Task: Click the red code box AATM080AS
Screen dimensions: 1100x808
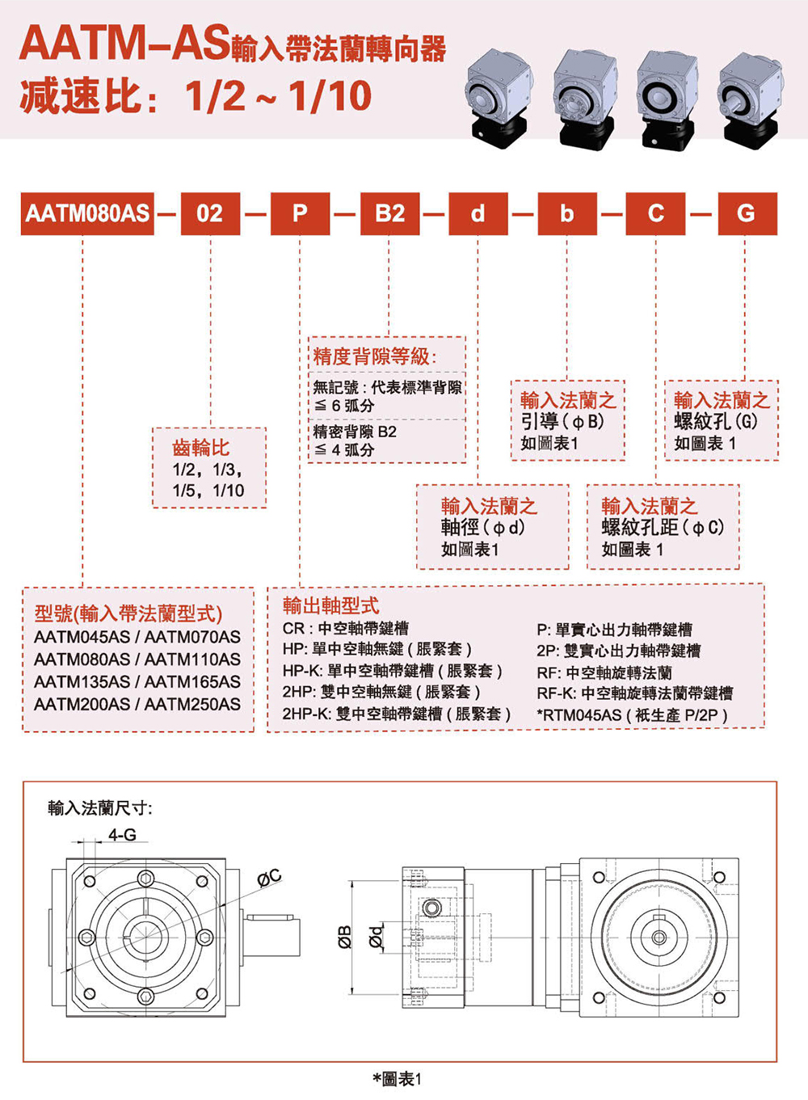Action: pos(86,213)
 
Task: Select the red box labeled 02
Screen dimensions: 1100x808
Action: pos(210,213)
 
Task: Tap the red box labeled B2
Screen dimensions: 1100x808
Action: pos(389,213)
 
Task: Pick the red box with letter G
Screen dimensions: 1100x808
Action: pos(746,213)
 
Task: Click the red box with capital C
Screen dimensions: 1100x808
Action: pos(656,213)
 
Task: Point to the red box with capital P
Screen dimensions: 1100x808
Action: pos(300,213)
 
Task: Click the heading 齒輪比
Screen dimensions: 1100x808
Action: pos(200,447)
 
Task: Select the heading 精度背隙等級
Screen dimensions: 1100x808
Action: pos(374,356)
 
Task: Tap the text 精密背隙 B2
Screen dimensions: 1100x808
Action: pos(356,432)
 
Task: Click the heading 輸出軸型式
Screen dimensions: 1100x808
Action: pos(330,605)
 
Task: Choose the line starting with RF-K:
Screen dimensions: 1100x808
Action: pos(634,693)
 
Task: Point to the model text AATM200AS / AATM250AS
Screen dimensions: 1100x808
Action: pos(137,705)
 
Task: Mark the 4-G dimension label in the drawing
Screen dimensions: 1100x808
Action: pos(122,834)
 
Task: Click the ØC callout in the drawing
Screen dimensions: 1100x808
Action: pos(269,877)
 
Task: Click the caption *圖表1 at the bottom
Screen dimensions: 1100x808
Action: pos(397,1079)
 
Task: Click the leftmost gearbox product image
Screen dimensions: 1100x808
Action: pos(499,97)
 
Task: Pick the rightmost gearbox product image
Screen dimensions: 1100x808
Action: pos(751,97)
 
